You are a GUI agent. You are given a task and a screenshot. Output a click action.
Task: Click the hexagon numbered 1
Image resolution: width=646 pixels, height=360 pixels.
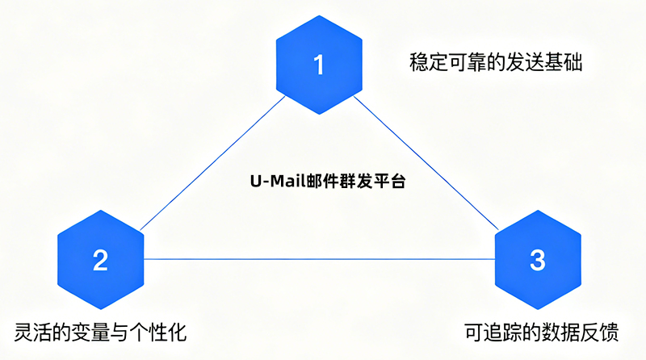coord(318,64)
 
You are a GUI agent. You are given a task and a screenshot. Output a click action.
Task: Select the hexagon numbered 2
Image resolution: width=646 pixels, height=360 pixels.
coord(101,259)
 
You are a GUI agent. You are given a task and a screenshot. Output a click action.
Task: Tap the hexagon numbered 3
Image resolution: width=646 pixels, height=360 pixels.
coord(537,259)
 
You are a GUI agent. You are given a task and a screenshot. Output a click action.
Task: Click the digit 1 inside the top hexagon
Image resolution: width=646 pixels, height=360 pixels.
coord(318,64)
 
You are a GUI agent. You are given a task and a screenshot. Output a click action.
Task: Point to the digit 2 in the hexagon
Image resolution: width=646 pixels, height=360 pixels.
coord(101,260)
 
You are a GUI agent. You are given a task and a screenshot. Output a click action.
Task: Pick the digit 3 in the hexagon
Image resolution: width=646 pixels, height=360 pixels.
coord(537,260)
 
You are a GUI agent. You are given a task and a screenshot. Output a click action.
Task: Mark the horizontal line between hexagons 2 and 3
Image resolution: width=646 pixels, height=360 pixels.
coord(319,259)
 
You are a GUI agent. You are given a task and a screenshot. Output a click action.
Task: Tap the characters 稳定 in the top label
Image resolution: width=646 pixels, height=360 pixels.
coord(422,62)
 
